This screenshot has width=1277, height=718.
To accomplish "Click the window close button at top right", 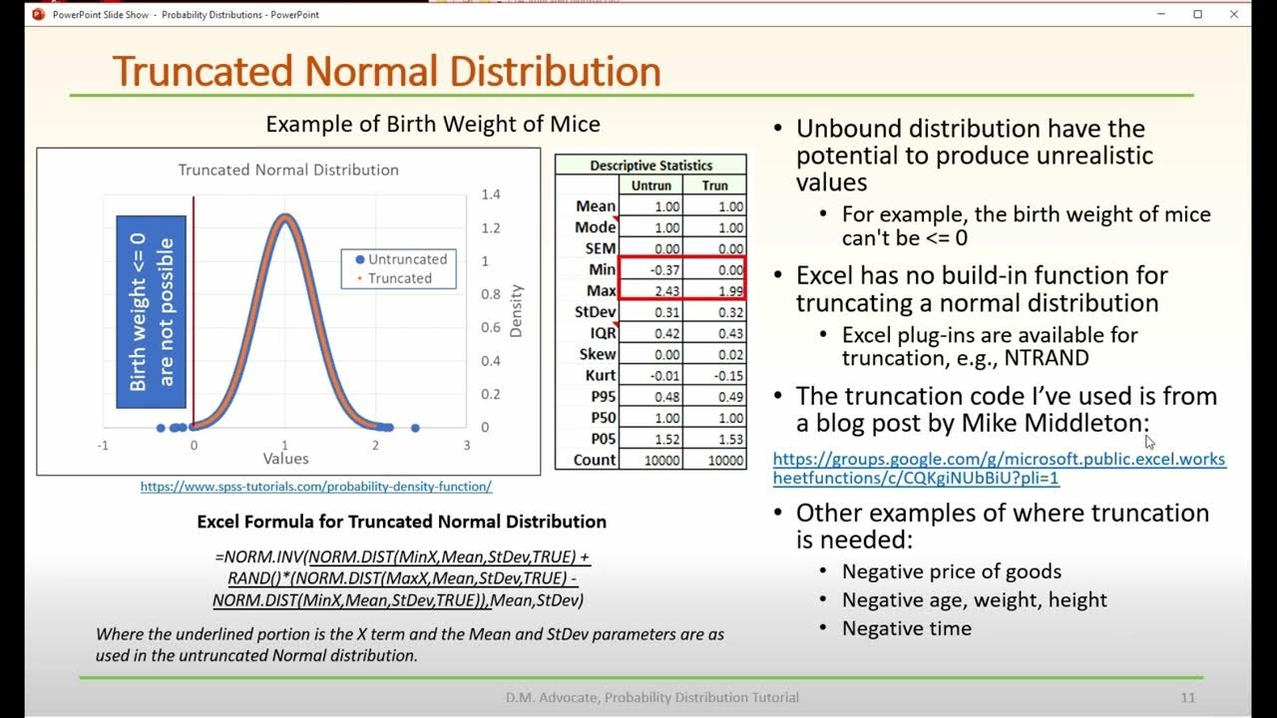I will tap(1234, 14).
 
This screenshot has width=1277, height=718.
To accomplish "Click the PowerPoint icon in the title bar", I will tap(39, 14).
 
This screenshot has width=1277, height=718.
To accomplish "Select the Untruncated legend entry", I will tap(399, 259).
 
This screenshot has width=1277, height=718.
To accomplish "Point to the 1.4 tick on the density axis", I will tap(490, 194).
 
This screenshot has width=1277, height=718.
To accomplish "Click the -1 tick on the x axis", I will tap(103, 446).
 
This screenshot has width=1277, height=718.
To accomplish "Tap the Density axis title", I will tap(516, 311).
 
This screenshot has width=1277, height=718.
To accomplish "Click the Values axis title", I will tap(285, 459).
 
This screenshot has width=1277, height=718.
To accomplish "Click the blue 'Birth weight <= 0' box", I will tap(152, 311).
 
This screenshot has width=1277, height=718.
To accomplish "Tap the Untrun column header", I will tap(650, 185).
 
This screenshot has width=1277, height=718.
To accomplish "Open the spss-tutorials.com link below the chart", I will tap(315, 487).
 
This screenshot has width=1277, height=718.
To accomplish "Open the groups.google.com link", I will tap(999, 469).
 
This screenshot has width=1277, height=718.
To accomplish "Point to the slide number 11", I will tap(1186, 697).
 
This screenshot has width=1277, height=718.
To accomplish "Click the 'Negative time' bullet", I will tap(906, 628).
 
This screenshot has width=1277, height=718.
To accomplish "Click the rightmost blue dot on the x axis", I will tap(415, 428).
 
